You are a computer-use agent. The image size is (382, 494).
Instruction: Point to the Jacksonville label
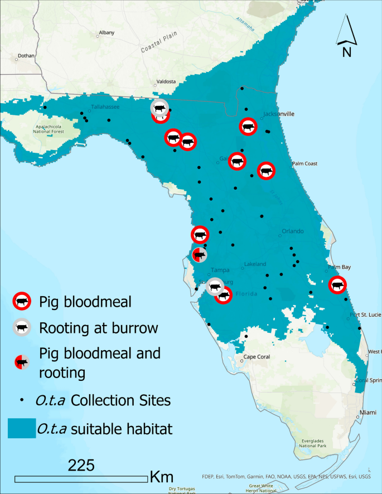click(x=279, y=114)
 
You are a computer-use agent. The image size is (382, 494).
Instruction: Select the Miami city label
click(x=368, y=412)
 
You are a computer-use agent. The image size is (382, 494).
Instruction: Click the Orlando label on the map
click(x=292, y=231)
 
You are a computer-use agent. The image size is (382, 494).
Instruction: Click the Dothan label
click(x=26, y=56)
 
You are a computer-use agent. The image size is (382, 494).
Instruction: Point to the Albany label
click(x=106, y=33)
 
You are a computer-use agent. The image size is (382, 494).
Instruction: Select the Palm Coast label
click(x=304, y=164)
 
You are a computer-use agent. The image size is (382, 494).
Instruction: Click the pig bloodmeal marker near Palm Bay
click(x=337, y=285)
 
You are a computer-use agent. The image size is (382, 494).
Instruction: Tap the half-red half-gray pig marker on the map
click(x=199, y=255)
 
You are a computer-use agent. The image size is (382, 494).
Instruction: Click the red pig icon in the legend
click(x=22, y=302)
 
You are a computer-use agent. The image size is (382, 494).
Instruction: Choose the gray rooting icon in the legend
click(x=22, y=328)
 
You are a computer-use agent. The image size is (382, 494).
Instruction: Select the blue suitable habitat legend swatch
click(x=20, y=429)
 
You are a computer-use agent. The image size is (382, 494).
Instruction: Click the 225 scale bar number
click(x=81, y=465)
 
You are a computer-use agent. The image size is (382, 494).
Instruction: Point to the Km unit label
click(x=162, y=477)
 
